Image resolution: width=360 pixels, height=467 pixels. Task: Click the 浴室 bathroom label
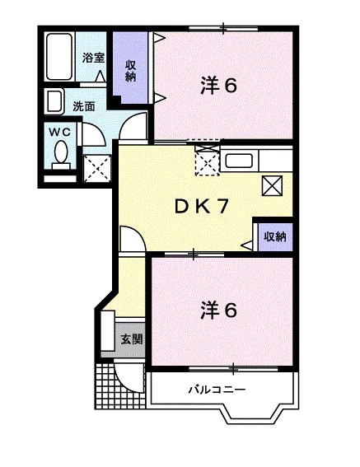coord(92,58)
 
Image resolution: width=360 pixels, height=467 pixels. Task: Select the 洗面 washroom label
coord(83,105)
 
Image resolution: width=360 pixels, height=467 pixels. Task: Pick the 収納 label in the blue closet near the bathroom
coord(130,71)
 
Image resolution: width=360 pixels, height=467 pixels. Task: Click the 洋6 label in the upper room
coord(218,85)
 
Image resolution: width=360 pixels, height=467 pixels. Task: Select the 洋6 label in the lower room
coord(218,311)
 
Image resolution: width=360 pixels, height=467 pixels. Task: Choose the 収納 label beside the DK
coord(274,236)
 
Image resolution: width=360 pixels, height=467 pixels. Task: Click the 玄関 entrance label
coord(130,339)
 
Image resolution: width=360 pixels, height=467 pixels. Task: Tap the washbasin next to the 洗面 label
coord(56,102)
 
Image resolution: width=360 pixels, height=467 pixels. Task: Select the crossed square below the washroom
coord(99,168)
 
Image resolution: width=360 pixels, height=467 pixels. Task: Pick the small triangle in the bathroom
coord(101,76)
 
